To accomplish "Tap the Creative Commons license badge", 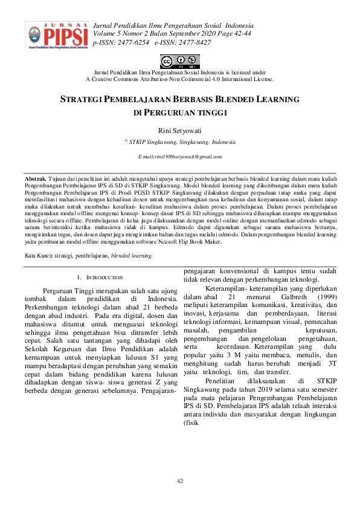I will [x=179, y=61].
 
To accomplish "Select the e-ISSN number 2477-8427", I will [x=192, y=43].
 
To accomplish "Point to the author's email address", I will [x=180, y=157].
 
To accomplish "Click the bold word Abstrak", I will [x=34, y=180].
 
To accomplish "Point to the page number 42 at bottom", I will [x=179, y=481].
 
